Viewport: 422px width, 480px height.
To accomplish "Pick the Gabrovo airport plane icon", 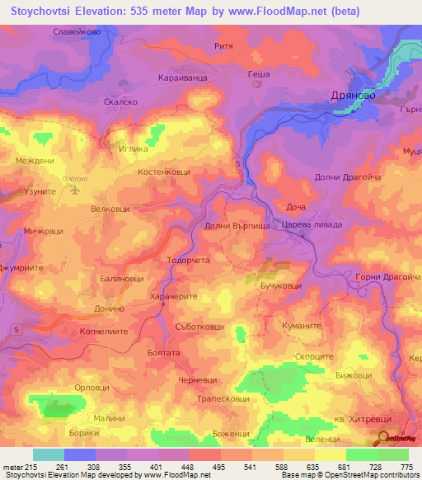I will (76, 189).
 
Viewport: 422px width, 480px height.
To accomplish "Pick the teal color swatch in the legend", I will (48, 454).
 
